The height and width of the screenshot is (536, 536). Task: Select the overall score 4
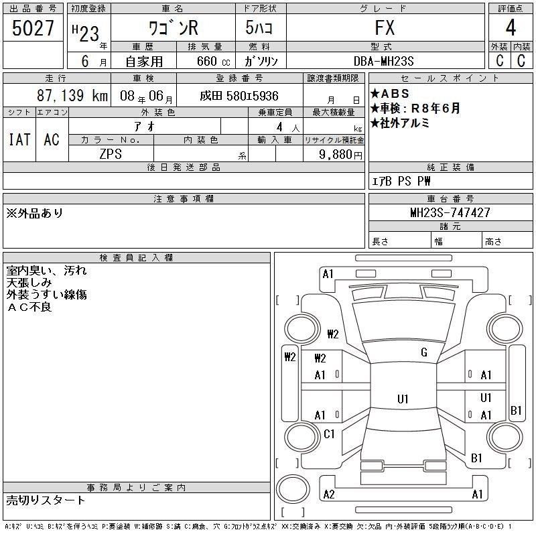[x=511, y=29]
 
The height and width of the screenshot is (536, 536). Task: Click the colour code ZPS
[x=111, y=153]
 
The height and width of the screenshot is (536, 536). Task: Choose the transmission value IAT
[x=19, y=139]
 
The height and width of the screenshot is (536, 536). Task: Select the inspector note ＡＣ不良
[x=29, y=308]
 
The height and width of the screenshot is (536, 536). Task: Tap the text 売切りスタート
[x=46, y=500]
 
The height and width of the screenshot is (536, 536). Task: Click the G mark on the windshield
[x=424, y=352]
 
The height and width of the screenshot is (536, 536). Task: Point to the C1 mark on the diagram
[x=329, y=434]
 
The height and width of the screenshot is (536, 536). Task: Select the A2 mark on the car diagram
[x=329, y=494]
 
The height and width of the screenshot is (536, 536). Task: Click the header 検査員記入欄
[x=137, y=257]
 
